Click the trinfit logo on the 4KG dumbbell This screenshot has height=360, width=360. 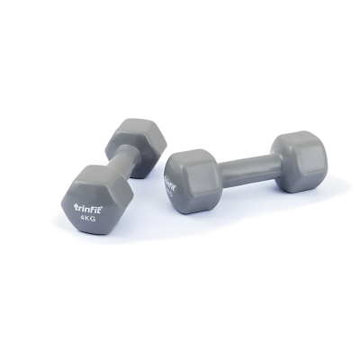tap(90, 206)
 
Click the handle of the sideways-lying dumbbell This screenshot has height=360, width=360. tap(238, 166)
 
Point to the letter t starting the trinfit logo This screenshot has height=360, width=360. tap(75, 207)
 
